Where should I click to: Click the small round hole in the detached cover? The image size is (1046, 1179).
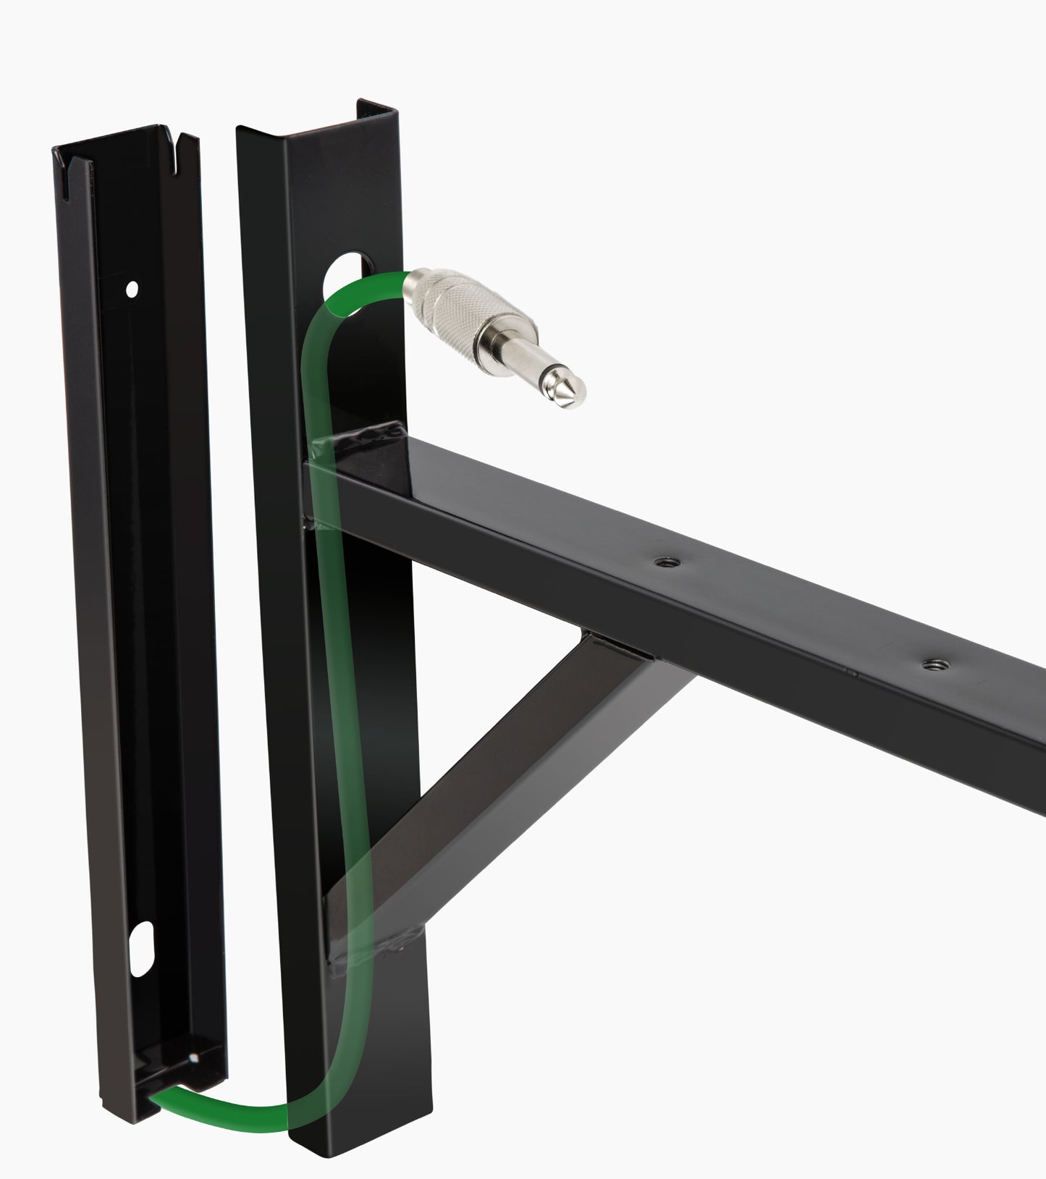click(131, 289)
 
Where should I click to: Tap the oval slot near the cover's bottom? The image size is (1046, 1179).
click(143, 939)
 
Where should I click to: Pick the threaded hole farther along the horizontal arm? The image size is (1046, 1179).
click(927, 663)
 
